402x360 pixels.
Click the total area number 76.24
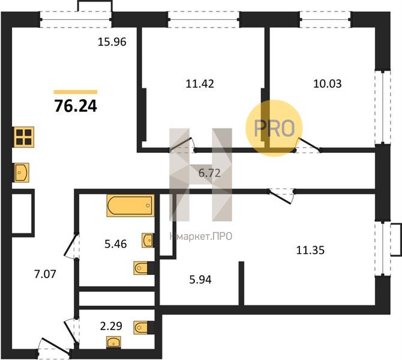[x=76, y=106]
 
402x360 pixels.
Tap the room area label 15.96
[x=112, y=42]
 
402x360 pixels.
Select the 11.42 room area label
[x=200, y=83]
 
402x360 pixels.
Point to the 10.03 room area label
[x=328, y=83]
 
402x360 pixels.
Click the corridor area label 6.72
[x=209, y=173]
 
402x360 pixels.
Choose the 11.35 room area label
[x=310, y=250]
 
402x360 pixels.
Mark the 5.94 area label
[x=200, y=280]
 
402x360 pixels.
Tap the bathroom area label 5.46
[x=116, y=244]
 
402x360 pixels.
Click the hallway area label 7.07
[x=45, y=274]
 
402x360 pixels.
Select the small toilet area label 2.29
[x=111, y=326]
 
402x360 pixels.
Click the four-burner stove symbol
[x=24, y=137]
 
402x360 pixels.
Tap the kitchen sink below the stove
[x=21, y=173]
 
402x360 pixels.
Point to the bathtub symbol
[x=131, y=206]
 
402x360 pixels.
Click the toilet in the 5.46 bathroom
[x=143, y=268]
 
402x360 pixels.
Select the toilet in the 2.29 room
[x=143, y=328]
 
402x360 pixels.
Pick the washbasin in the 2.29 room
[x=113, y=343]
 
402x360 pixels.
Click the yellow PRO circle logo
[x=274, y=128]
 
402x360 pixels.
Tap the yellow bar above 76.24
[x=76, y=92]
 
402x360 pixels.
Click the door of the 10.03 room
[x=308, y=145]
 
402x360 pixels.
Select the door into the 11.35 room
[x=281, y=196]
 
